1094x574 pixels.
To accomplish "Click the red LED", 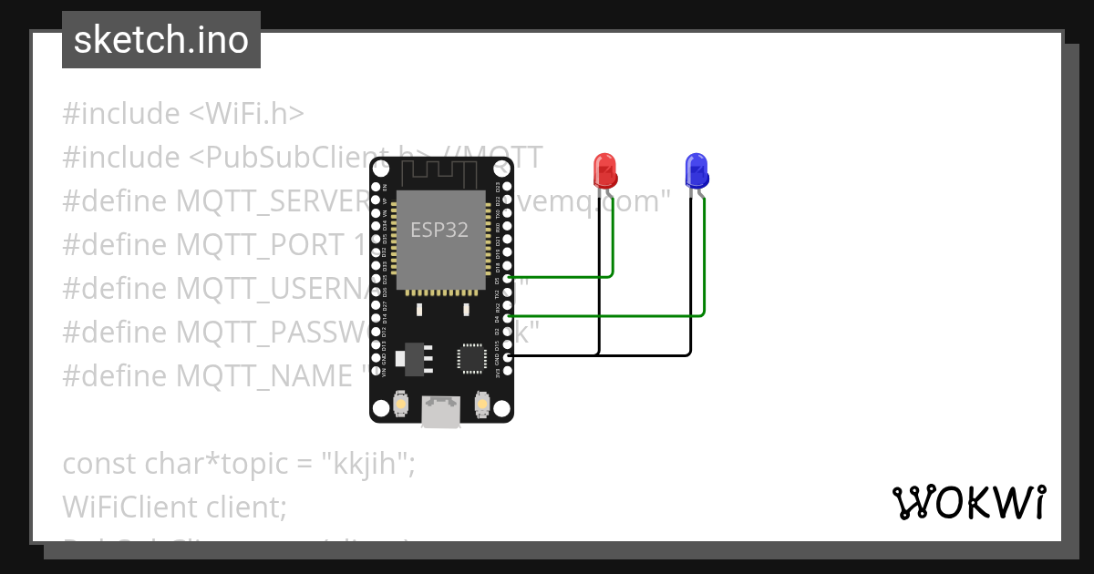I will [604, 170].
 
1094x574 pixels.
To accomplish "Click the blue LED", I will [696, 170].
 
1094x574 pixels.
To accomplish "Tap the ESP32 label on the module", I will [439, 230].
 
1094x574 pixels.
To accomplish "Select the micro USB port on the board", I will [440, 412].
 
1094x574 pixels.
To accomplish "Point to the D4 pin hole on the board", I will [508, 317].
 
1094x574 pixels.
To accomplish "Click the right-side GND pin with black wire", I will [508, 356].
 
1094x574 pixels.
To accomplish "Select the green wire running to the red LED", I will [565, 275].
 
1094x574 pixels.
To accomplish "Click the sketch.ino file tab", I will [161, 40].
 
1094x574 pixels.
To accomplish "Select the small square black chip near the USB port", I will [472, 357].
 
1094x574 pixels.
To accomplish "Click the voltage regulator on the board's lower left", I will [412, 357].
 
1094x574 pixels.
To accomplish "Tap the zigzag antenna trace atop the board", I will [441, 171].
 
